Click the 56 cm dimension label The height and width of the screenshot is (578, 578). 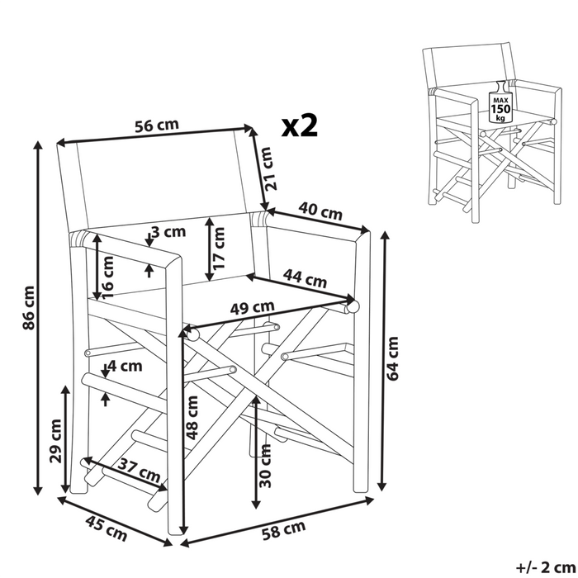pos(157,126)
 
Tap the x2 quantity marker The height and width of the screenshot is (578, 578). pos(299,126)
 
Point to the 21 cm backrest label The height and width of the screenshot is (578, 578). pos(268,170)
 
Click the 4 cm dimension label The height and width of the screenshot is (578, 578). pos(125,364)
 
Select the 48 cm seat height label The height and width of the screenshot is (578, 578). pos(192,419)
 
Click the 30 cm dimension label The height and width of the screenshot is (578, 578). pos(265,468)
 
